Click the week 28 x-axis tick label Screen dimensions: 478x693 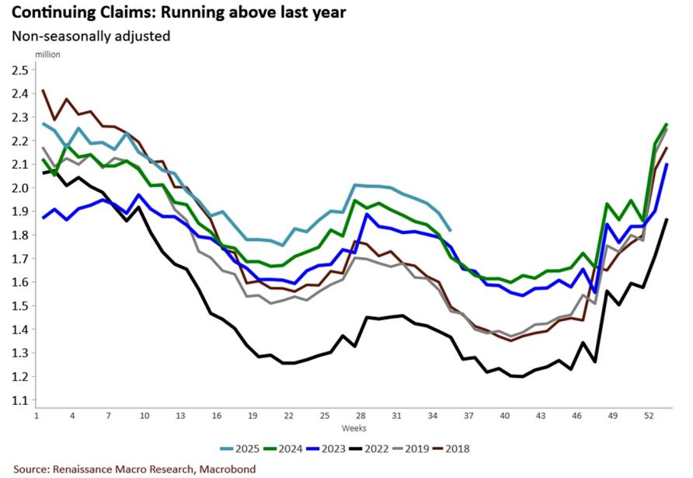[x=360, y=416]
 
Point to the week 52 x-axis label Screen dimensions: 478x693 [x=648, y=416]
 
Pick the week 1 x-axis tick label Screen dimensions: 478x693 [x=37, y=416]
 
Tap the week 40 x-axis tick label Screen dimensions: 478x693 [x=505, y=416]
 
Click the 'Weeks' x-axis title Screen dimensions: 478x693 [x=353, y=428]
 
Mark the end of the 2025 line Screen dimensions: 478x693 [x=451, y=230]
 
